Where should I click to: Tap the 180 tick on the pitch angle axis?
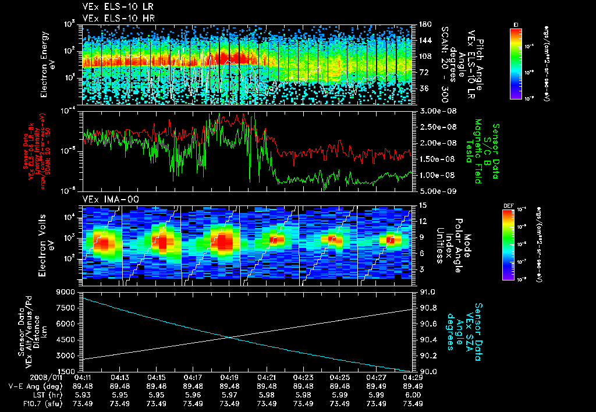pos(425,24)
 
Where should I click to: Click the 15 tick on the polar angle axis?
pos(423,205)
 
